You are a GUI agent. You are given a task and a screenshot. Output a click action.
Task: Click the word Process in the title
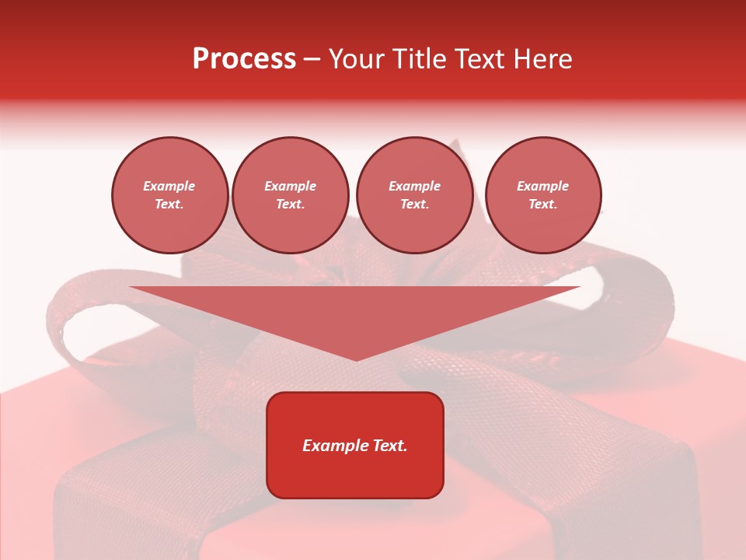click(x=244, y=59)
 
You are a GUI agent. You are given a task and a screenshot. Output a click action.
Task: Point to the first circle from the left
click(x=169, y=195)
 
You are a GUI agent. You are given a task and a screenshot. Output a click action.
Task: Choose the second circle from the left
click(x=290, y=195)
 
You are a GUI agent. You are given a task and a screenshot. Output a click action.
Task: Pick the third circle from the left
click(x=414, y=195)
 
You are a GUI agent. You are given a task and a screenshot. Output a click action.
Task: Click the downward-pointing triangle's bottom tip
click(x=356, y=359)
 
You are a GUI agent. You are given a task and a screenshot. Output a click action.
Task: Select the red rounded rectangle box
click(x=355, y=445)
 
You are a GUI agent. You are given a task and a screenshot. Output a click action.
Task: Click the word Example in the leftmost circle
click(x=169, y=186)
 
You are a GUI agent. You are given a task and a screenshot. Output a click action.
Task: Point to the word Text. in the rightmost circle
click(x=543, y=204)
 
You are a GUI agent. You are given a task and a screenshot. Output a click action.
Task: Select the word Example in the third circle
click(x=414, y=186)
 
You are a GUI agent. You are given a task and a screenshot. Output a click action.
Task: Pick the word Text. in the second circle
click(x=290, y=204)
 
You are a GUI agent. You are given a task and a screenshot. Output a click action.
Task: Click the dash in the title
click(x=312, y=59)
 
